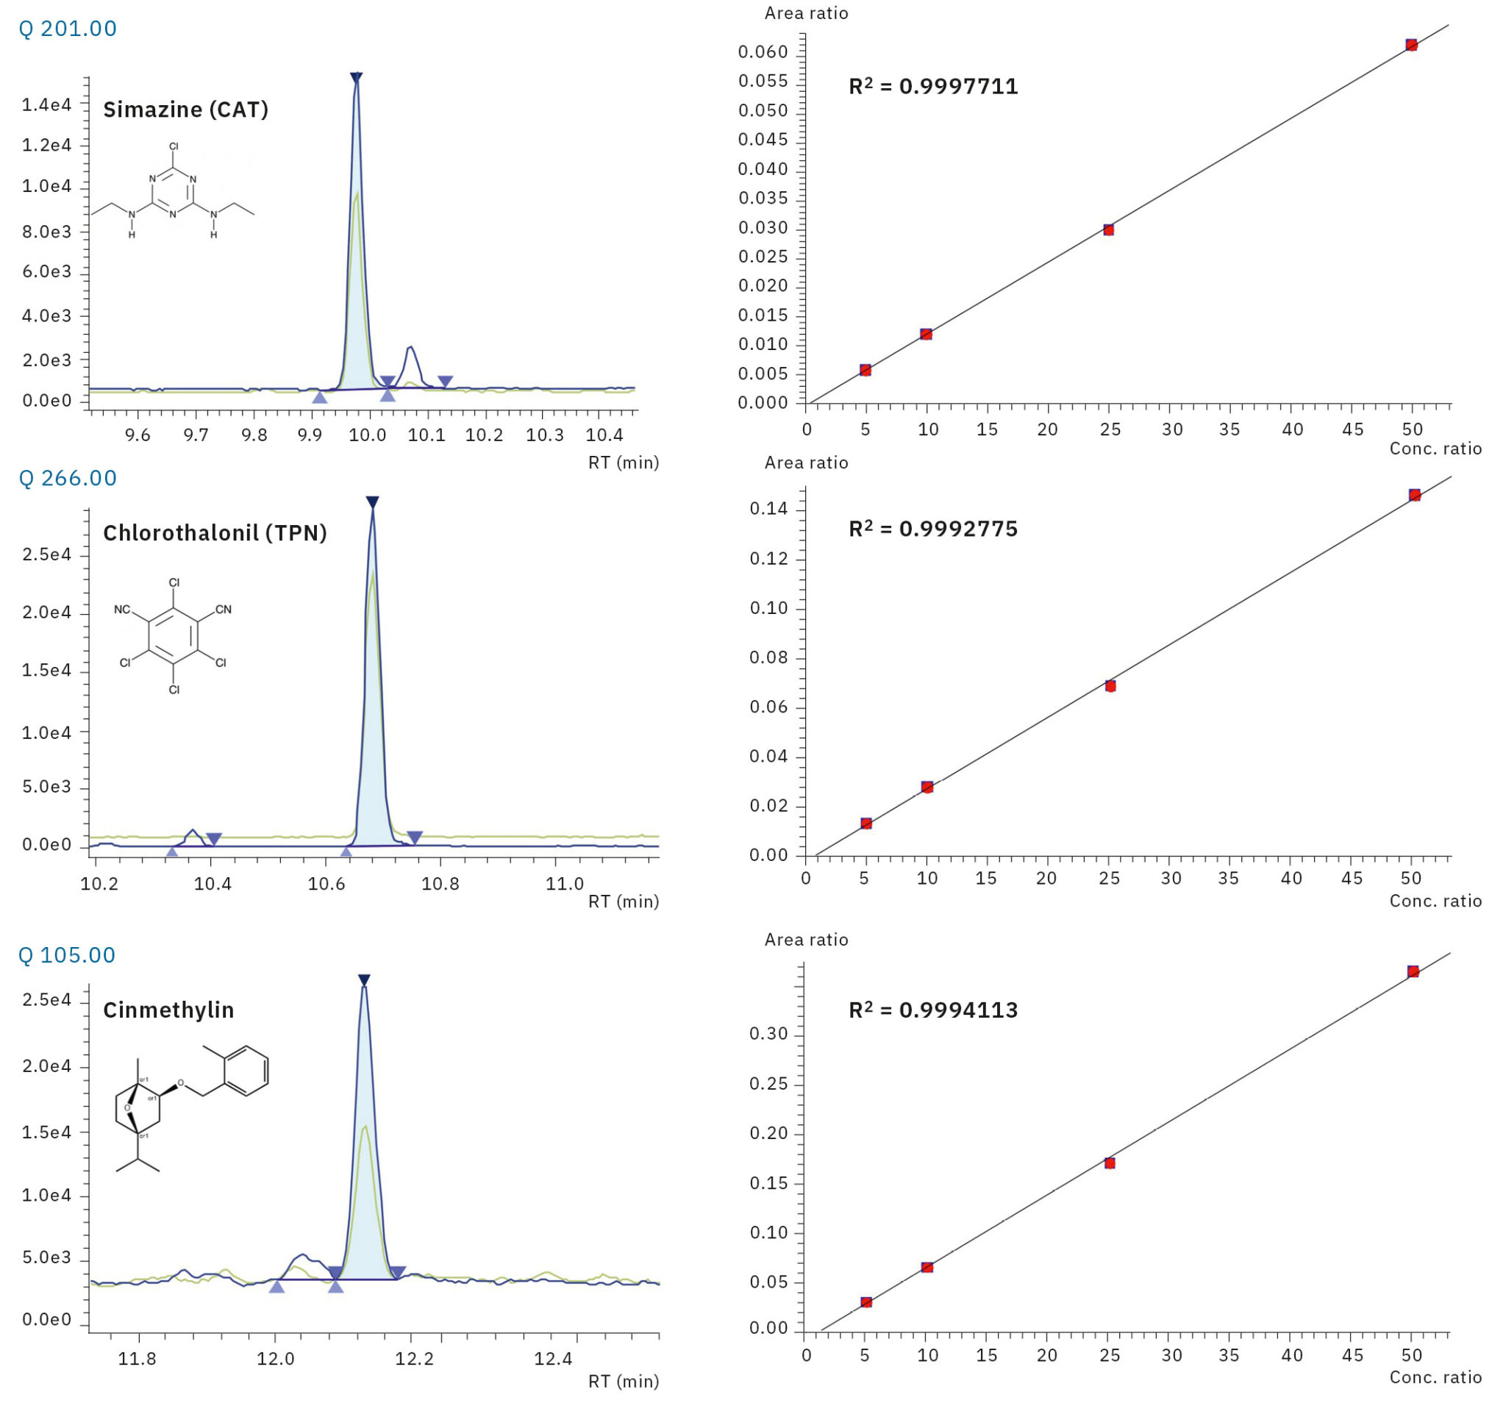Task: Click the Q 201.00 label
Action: point(68,29)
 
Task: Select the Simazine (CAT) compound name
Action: point(185,110)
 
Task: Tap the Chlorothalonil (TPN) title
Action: point(215,533)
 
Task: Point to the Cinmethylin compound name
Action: point(168,1010)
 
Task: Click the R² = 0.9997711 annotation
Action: point(932,86)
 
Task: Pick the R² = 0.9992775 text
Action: point(932,529)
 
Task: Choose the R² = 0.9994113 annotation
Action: point(932,1010)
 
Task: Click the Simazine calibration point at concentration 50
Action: point(1411,45)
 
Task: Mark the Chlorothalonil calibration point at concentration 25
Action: point(1110,685)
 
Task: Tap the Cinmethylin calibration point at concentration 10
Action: point(927,1268)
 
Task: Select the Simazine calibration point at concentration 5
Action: point(865,370)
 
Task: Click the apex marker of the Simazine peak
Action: point(356,77)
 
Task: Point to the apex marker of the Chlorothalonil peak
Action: point(372,501)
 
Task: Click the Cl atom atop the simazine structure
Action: point(174,146)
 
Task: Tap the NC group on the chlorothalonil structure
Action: point(122,609)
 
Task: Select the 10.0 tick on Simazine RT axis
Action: point(368,435)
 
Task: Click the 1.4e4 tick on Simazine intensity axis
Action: point(46,104)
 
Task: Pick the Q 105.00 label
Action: point(67,954)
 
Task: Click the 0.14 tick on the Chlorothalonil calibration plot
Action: point(768,508)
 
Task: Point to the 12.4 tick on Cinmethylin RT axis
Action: point(553,1358)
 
